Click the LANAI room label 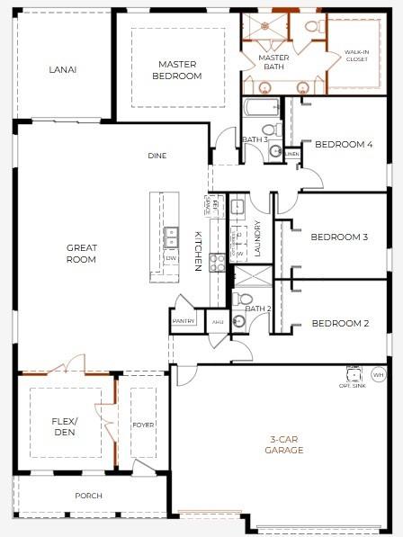(x=62, y=69)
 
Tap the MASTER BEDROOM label (x=178, y=70)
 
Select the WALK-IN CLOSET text (x=356, y=57)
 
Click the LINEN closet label (x=291, y=154)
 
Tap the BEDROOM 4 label (x=343, y=144)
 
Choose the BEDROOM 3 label (x=339, y=237)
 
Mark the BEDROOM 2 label (x=340, y=323)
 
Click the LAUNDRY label (x=257, y=239)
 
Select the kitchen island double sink (x=171, y=237)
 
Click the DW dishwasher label (x=171, y=258)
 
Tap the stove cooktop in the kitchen (x=217, y=262)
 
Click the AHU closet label (x=217, y=320)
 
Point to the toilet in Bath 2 (x=245, y=300)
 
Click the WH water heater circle (x=378, y=373)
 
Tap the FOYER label (x=144, y=425)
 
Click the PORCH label (x=88, y=496)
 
